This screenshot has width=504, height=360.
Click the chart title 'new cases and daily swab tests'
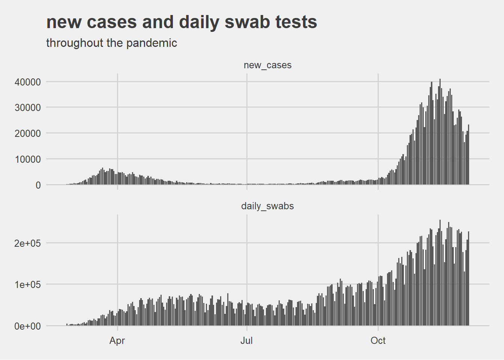click(181, 22)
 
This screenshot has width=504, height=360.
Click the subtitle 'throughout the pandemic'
click(111, 43)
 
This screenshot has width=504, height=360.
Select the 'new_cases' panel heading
click(267, 65)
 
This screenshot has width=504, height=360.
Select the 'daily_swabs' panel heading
click(267, 206)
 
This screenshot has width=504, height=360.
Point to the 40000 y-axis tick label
click(28, 82)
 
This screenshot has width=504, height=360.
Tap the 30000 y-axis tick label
click(28, 108)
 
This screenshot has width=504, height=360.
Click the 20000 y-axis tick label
click(28, 133)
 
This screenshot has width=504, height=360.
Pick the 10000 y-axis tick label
click(28, 159)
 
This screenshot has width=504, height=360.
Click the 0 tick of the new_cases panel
click(38, 185)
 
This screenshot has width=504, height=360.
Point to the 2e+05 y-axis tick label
click(28, 243)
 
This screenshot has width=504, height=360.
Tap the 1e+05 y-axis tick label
click(28, 285)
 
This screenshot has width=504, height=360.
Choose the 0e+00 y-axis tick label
click(28, 326)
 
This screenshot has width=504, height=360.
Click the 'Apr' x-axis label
click(117, 341)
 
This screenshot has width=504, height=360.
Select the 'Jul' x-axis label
click(246, 341)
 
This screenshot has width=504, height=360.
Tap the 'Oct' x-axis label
click(378, 341)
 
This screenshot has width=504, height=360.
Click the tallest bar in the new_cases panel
click(440, 131)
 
